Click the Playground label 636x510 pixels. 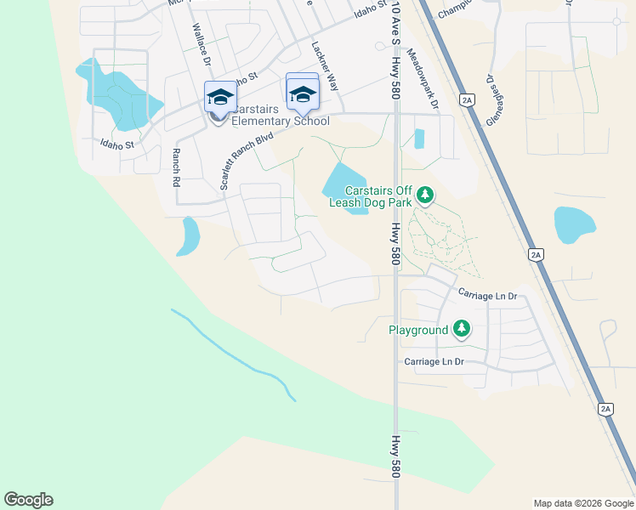point(418,330)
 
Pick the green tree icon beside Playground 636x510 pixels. point(461,329)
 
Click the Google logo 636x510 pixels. point(28,500)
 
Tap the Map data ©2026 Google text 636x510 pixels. point(582,503)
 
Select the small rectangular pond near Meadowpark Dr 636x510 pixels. point(418,139)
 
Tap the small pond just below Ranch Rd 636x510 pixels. point(188,237)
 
